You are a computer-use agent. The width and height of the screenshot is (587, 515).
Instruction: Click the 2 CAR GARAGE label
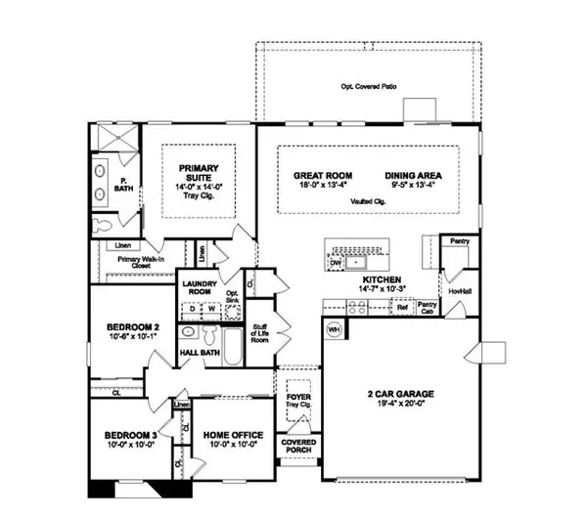(x=402, y=395)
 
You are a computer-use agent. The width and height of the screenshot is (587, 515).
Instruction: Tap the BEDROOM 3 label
(x=131, y=435)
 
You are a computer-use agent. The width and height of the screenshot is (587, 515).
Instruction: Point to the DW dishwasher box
(x=337, y=263)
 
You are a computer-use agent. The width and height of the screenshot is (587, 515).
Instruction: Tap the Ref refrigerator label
(x=401, y=307)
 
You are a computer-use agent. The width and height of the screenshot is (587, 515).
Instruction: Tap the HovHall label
(x=455, y=290)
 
